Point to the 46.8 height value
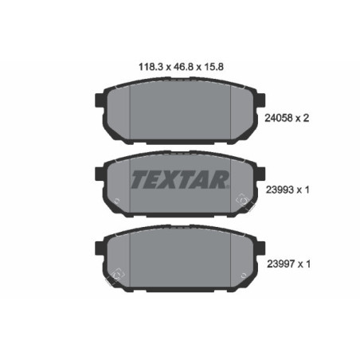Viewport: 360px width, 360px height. [x=180, y=69]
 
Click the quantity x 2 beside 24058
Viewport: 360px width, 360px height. [x=303, y=118]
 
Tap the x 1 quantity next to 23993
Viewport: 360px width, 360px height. [x=303, y=191]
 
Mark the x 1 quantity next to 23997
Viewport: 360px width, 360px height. [x=303, y=262]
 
